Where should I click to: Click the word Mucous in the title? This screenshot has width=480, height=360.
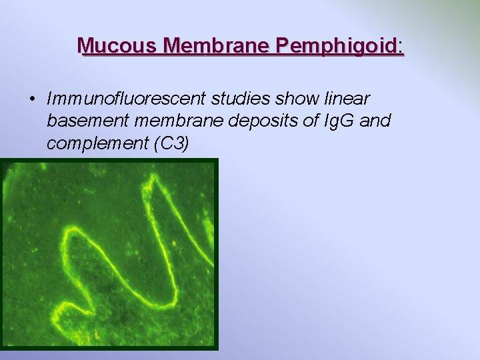click(117, 46)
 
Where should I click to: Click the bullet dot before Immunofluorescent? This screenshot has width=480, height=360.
click(31, 99)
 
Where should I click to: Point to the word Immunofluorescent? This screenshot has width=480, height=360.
click(126, 99)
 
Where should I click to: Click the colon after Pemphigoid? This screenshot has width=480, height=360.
click(401, 47)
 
